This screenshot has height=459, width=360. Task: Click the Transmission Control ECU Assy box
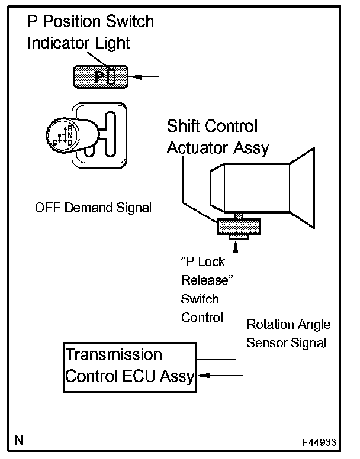[x=130, y=367]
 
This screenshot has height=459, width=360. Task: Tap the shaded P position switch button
[x=101, y=77]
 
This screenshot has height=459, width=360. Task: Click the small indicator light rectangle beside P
[x=111, y=76]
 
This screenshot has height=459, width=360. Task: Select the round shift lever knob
[x=62, y=135]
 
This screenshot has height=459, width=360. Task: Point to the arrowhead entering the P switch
[x=135, y=77]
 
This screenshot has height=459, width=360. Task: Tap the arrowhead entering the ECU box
[x=203, y=375]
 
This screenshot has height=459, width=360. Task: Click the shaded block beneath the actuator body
[x=239, y=227]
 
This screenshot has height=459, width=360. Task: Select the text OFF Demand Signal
[x=93, y=208]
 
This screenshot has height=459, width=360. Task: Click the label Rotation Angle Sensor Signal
[x=288, y=334]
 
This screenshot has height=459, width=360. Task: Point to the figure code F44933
[x=319, y=442]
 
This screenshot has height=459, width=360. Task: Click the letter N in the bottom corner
[x=20, y=441]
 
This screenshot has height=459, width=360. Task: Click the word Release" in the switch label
[x=207, y=280]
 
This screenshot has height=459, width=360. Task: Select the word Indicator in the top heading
[x=56, y=43]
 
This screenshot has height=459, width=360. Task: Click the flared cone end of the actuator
[x=302, y=188]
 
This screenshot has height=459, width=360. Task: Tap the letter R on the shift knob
[x=70, y=128]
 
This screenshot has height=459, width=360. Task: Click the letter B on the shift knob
[x=55, y=143]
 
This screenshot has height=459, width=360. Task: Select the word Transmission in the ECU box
[x=114, y=354]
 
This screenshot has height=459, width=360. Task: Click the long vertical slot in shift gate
[x=111, y=134]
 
